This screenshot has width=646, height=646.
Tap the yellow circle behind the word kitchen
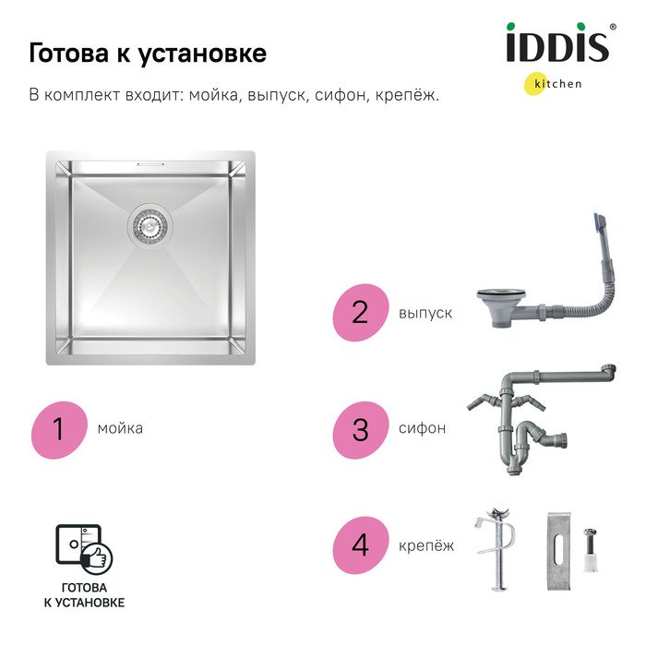click(536, 84)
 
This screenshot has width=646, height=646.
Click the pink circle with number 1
click(59, 430)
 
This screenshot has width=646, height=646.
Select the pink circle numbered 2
click(361, 312)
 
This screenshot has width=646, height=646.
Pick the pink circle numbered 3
click(361, 430)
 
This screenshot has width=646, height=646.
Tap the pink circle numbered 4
click(361, 545)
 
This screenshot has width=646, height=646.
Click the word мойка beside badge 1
click(120, 428)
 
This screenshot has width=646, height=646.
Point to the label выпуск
click(425, 314)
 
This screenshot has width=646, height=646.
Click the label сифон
click(422, 428)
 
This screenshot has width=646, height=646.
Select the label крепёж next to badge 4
click(426, 545)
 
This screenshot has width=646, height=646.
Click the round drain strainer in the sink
click(150, 225)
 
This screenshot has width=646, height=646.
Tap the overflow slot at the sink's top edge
click(150, 164)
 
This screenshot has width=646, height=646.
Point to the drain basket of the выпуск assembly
click(501, 307)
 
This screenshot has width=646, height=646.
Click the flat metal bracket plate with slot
click(559, 550)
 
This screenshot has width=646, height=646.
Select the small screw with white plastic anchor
click(590, 550)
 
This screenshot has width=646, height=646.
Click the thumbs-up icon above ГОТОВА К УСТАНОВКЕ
click(97, 558)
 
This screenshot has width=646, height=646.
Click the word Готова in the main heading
click(68, 53)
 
